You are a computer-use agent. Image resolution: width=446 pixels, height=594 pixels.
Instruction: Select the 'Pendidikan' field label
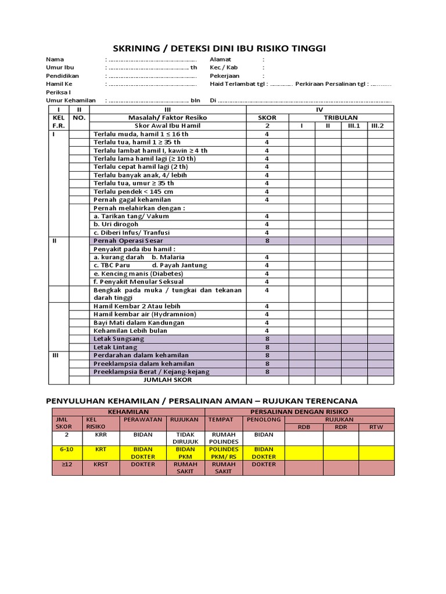coord(63,75)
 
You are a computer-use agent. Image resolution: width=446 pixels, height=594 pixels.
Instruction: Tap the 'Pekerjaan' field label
coord(225,75)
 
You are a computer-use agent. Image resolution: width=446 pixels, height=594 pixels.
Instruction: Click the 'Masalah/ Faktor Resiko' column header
coord(167,117)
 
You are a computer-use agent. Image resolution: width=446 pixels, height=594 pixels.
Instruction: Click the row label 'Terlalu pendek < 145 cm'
coord(133,191)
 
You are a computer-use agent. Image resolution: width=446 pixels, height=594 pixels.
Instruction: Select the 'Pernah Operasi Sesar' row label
coord(128,240)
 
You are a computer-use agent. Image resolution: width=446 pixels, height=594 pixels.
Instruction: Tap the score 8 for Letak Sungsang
coord(267,339)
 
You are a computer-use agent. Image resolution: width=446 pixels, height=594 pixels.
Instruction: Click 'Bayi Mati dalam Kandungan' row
coord(139,323)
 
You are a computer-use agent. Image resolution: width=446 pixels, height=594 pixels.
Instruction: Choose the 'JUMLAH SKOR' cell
coord(167,380)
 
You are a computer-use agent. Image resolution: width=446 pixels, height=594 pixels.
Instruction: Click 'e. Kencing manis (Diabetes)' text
coord(138,273)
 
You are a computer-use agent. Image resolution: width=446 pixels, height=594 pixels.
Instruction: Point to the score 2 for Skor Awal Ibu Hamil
coord(267,125)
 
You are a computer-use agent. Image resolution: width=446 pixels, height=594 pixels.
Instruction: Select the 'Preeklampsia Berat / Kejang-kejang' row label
coord(152,372)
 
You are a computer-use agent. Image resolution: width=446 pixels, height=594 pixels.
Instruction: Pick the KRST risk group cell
coord(100,464)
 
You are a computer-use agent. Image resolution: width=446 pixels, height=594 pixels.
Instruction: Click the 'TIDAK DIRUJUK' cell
coord(185,437)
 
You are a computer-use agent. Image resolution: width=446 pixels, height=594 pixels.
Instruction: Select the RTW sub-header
coord(376,426)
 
